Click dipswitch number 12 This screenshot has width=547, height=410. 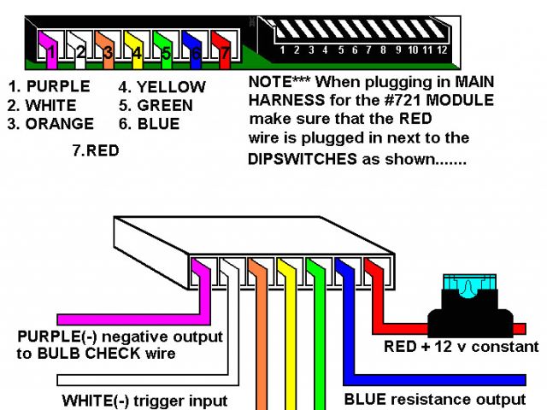click(442, 34)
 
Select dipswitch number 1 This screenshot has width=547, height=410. click(283, 34)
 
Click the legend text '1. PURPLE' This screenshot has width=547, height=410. click(49, 87)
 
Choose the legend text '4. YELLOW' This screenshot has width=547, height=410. click(162, 87)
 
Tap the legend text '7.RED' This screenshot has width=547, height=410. click(97, 150)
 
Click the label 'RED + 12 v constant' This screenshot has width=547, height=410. click(461, 347)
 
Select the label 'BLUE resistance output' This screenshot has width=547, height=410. click(434, 399)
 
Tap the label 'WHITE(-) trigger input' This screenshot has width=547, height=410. click(144, 400)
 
